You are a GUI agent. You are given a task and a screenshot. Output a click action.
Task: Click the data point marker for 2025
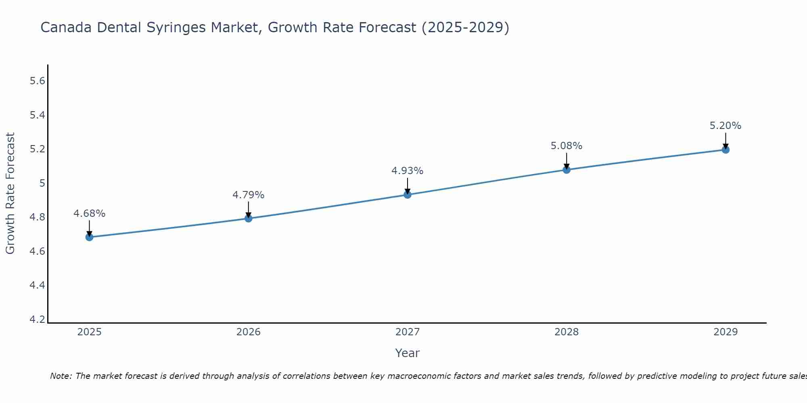tap(90, 237)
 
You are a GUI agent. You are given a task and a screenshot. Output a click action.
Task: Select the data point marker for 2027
tap(408, 195)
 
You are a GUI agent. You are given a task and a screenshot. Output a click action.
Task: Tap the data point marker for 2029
tap(725, 150)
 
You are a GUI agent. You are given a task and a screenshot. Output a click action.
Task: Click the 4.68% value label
tap(90, 214)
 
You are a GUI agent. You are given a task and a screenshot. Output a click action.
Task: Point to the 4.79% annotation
tap(249, 195)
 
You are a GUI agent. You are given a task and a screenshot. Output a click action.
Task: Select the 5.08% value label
tap(567, 146)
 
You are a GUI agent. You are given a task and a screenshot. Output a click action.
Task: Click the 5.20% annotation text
tap(725, 126)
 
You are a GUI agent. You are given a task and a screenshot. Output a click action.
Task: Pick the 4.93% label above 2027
tap(408, 171)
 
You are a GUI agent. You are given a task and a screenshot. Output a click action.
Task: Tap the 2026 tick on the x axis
tap(249, 332)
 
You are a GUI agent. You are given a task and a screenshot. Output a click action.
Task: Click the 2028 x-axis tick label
tap(567, 332)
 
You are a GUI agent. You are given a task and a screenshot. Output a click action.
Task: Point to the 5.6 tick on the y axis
tap(38, 81)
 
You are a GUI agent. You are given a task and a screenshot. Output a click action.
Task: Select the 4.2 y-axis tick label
tap(38, 320)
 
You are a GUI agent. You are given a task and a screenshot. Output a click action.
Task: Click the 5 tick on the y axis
tap(42, 183)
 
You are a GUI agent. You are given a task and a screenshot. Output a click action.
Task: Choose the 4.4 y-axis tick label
tap(38, 285)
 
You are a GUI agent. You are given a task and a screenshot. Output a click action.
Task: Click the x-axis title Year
tap(408, 353)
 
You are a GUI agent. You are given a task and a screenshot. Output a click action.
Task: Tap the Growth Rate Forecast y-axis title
tap(10, 193)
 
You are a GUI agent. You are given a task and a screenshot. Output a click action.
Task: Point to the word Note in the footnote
tap(61, 376)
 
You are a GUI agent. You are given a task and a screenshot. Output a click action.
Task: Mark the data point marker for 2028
tap(567, 170)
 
